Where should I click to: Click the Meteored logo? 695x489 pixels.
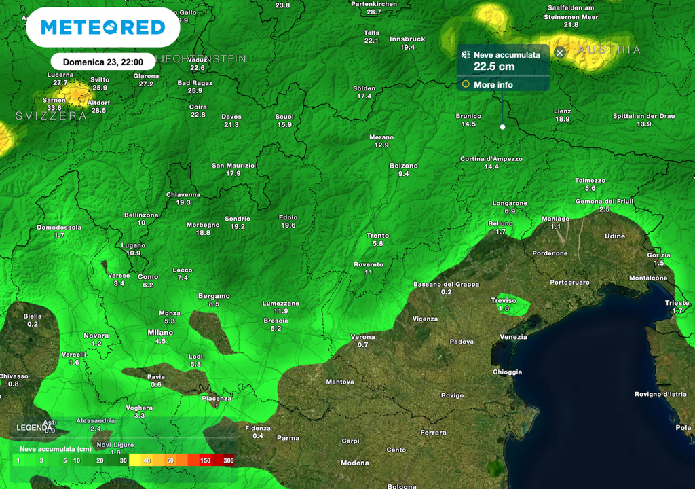(102, 27)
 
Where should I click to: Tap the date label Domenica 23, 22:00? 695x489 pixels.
(102, 61)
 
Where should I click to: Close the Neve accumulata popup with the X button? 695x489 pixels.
(560, 52)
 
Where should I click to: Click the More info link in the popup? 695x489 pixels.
(493, 85)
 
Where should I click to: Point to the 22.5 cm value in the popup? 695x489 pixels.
(494, 67)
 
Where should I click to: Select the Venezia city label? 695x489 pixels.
(513, 337)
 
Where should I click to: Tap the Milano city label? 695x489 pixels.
(160, 333)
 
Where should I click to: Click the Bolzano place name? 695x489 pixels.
(404, 166)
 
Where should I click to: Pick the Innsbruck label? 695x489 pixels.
(407, 39)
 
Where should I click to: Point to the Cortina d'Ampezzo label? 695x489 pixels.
(491, 159)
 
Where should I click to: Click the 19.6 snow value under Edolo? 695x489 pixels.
(288, 225)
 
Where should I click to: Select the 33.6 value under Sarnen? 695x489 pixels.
(54, 108)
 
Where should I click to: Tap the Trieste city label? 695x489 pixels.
(677, 303)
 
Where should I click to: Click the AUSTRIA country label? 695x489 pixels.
(609, 50)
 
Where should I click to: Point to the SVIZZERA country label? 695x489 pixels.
(51, 116)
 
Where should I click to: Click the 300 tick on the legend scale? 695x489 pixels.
(228, 460)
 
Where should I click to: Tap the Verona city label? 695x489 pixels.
(362, 337)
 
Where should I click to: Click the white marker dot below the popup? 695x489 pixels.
(502, 127)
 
